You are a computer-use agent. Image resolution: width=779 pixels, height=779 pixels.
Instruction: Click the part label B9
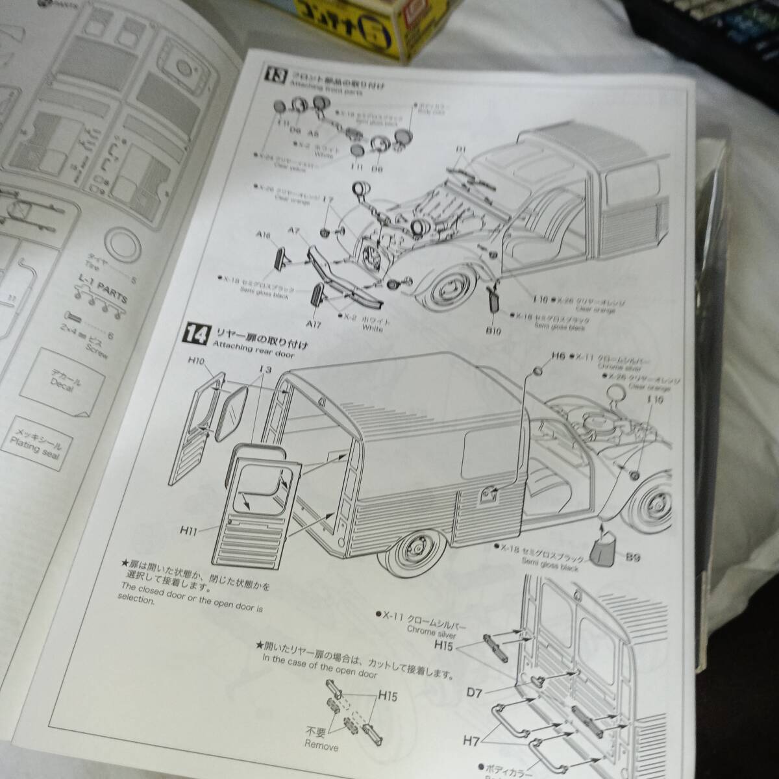coord(629,556)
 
